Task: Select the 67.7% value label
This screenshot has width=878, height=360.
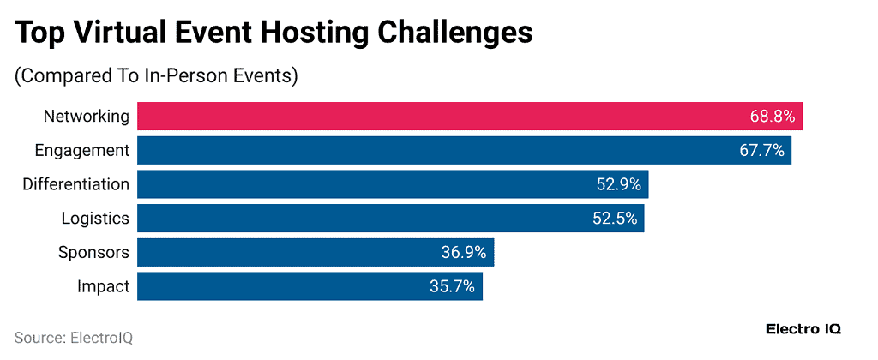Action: click(762, 151)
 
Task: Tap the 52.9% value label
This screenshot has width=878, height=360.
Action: click(619, 184)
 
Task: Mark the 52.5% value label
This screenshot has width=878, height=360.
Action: click(615, 219)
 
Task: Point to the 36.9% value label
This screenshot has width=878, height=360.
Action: click(464, 252)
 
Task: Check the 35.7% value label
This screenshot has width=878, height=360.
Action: click(453, 286)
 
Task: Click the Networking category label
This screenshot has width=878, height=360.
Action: click(87, 117)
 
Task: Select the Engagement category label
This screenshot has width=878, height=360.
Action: click(82, 151)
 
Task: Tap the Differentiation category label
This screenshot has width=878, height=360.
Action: click(76, 184)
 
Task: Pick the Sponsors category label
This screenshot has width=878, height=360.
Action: click(93, 252)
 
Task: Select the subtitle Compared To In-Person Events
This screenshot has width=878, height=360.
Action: click(156, 75)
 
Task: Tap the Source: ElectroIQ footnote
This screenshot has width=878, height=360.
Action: click(74, 337)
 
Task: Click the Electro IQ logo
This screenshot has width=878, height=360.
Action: click(803, 329)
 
